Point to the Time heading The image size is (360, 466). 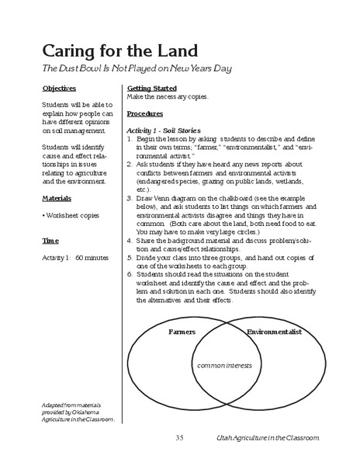pos(50,242)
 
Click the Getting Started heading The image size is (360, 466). pos(151,89)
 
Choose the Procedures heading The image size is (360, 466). pos(145,112)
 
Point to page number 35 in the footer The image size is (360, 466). pos(179,440)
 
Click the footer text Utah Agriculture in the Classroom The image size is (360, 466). pos(268,440)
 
